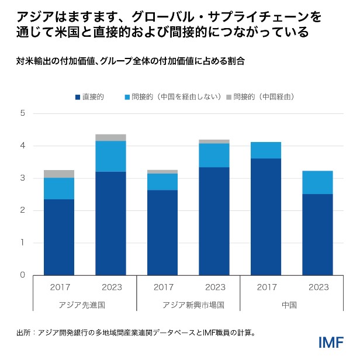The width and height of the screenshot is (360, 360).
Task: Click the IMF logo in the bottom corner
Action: tap(330, 342)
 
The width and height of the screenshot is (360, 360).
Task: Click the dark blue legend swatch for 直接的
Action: tap(77, 96)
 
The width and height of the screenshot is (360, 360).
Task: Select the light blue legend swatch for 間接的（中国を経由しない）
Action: tap(127, 96)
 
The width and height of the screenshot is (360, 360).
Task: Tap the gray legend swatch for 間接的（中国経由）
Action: tap(229, 96)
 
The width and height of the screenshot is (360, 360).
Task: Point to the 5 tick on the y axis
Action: tap(23, 113)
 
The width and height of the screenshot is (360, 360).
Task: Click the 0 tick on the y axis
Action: tap(23, 275)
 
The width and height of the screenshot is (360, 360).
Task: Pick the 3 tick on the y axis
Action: tap(23, 178)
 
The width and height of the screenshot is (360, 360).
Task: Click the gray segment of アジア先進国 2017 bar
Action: tap(59, 174)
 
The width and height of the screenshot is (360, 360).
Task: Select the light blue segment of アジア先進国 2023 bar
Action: tap(110, 156)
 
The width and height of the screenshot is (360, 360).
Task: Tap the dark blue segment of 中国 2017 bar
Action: tap(266, 216)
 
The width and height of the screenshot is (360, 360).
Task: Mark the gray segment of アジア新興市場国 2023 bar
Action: tap(214, 141)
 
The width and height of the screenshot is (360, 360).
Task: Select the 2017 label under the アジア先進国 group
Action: tap(59, 287)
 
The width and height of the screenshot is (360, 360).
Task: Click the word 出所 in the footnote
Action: tap(23, 333)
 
